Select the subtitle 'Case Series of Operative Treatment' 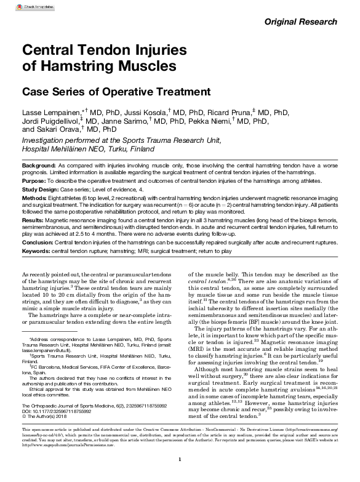click(116, 92)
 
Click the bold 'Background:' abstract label click(39, 167)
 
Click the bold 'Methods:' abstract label click(34, 199)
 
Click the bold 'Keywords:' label click(36, 251)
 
